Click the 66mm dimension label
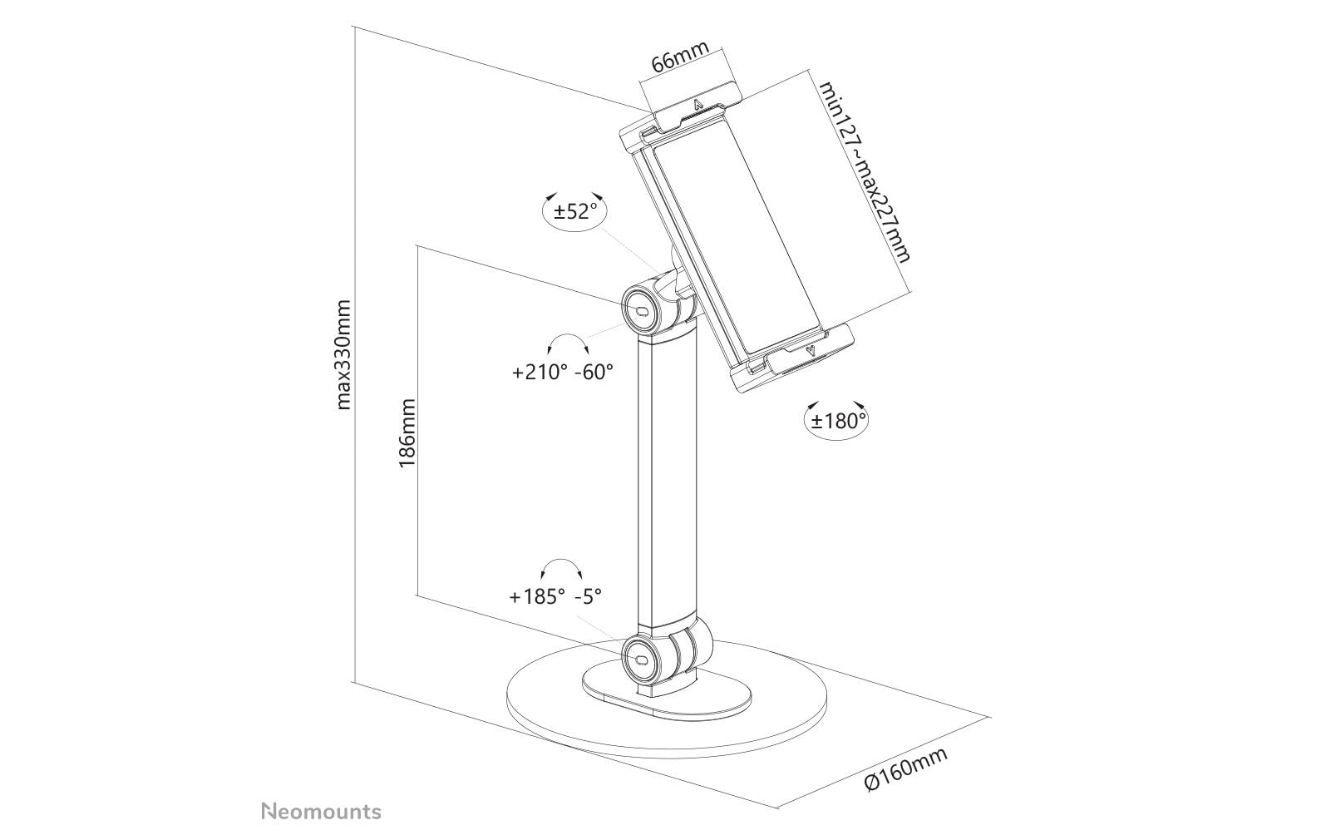point(680,57)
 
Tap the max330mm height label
point(343,355)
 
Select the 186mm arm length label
point(407,433)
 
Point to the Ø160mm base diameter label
point(906,770)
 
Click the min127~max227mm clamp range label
point(865,171)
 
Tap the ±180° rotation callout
point(837,420)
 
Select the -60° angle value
point(594,372)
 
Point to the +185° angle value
point(537,596)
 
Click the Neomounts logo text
point(322,812)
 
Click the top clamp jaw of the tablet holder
point(680,116)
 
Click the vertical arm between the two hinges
point(666,478)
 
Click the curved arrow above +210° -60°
point(568,343)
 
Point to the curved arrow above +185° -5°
point(562,569)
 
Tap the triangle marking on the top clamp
point(697,106)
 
